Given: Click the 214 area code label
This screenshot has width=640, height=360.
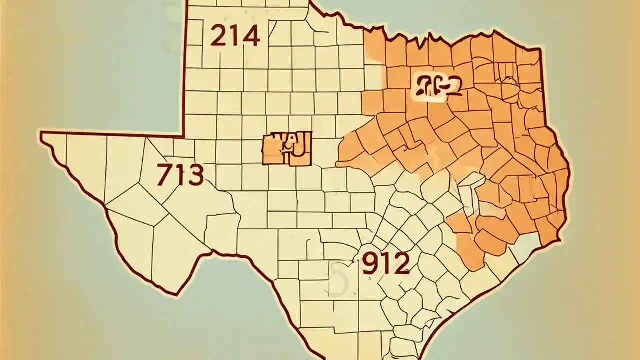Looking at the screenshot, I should (235, 36).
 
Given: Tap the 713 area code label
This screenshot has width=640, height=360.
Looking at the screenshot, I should (180, 175).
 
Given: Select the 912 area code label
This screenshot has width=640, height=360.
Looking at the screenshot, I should (385, 263).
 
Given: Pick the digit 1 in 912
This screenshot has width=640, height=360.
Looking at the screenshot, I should (385, 263).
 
